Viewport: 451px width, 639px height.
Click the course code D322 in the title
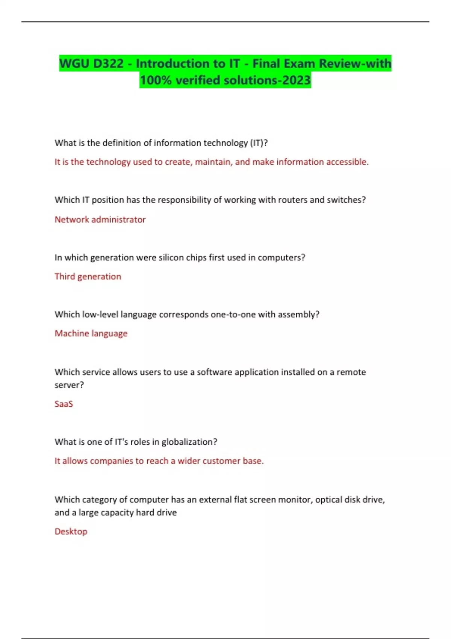coord(108,64)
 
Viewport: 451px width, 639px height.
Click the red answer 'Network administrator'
coord(100,220)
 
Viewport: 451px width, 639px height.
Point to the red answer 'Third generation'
coord(88,277)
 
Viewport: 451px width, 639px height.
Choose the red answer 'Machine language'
coord(91,333)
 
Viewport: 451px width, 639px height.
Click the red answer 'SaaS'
coord(64,404)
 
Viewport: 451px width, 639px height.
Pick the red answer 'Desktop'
coord(71,531)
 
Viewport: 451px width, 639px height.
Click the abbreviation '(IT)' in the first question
coord(257,143)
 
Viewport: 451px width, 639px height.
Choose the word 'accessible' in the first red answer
coord(347,162)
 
